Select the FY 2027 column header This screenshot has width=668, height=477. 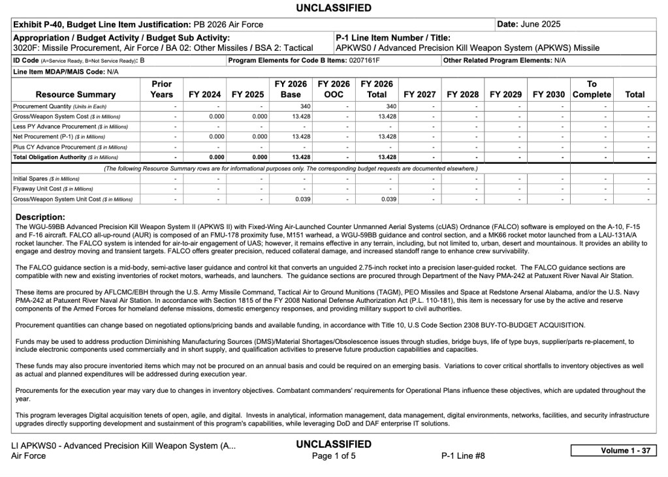(420, 95)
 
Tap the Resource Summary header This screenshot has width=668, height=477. (76, 95)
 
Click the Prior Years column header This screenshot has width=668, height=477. (162, 89)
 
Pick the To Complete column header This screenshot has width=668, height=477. (592, 89)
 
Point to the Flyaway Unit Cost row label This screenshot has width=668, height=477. (54, 189)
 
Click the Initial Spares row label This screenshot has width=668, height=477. (46, 178)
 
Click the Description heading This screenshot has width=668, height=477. (40, 217)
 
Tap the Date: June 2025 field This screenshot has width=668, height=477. (529, 24)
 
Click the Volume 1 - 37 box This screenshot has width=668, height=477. (613, 451)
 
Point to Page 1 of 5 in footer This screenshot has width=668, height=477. (334, 456)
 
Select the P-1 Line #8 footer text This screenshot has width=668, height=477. (463, 456)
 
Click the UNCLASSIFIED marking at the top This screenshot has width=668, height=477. (334, 8)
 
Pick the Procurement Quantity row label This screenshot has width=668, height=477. (60, 106)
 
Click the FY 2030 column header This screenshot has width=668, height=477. (549, 95)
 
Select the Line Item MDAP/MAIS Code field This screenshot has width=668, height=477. (66, 71)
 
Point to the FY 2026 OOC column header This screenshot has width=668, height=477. (334, 89)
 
